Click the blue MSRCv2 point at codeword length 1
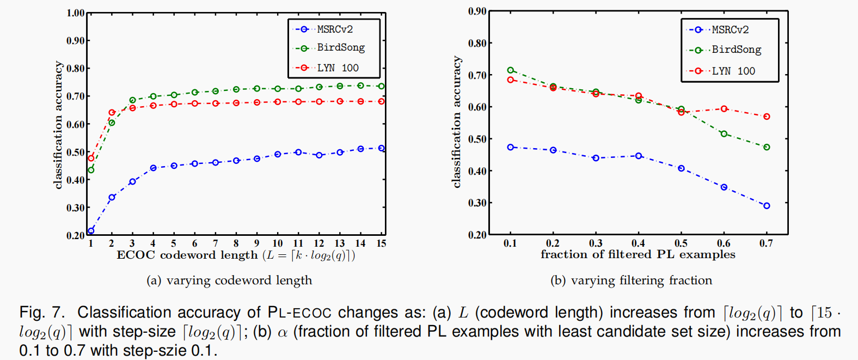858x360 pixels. pyautogui.click(x=91, y=231)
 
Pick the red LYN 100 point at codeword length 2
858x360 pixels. pyautogui.click(x=112, y=113)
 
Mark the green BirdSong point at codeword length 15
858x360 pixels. pyautogui.click(x=381, y=87)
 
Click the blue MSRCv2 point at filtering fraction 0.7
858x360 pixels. pyautogui.click(x=767, y=206)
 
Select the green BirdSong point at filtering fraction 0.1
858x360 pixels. pyautogui.click(x=510, y=70)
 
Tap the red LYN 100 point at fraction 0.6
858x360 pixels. pyautogui.click(x=724, y=109)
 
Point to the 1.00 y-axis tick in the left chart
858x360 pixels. pyautogui.click(x=75, y=13)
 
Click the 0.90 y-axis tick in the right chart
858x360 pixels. pyautogui.click(x=477, y=11)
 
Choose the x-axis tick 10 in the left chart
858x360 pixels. pyautogui.click(x=278, y=243)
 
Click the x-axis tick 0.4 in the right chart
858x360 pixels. pyautogui.click(x=638, y=243)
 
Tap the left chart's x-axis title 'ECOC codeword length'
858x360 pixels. pyautogui.click(x=187, y=255)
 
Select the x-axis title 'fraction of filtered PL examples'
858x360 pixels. pyautogui.click(x=638, y=254)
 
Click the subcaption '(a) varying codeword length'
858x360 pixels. pyautogui.click(x=229, y=280)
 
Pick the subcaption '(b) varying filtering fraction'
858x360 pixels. pyautogui.click(x=631, y=280)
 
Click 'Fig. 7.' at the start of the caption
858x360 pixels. pyautogui.click(x=41, y=313)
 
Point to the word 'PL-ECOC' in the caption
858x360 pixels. pyautogui.click(x=299, y=313)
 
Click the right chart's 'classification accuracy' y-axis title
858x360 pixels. pyautogui.click(x=456, y=122)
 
